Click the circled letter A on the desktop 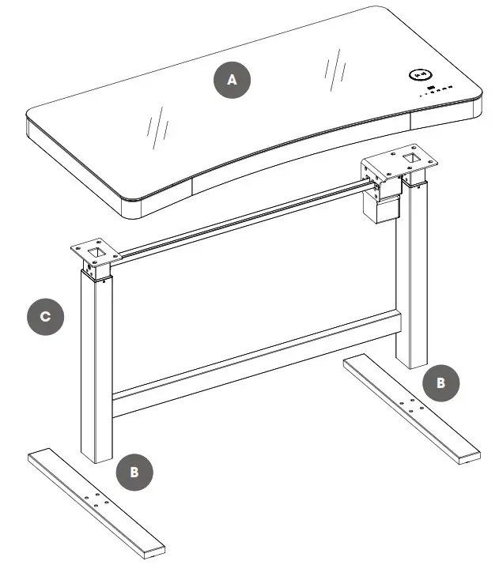pyautogui.click(x=231, y=80)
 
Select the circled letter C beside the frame pyautogui.click(x=46, y=317)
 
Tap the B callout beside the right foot pyautogui.click(x=441, y=382)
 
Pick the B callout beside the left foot pyautogui.click(x=134, y=472)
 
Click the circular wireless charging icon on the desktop pyautogui.click(x=419, y=76)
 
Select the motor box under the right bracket pyautogui.click(x=379, y=208)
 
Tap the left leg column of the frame pyautogui.click(x=96, y=363)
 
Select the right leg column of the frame pyautogui.click(x=413, y=277)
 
